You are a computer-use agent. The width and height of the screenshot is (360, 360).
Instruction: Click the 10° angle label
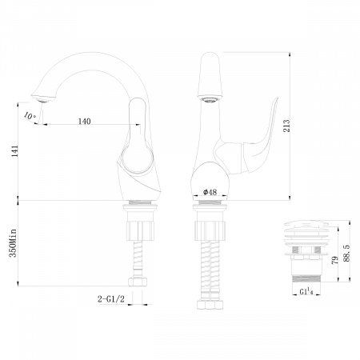pos(30,116)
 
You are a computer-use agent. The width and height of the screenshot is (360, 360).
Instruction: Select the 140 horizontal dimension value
pos(85,122)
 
